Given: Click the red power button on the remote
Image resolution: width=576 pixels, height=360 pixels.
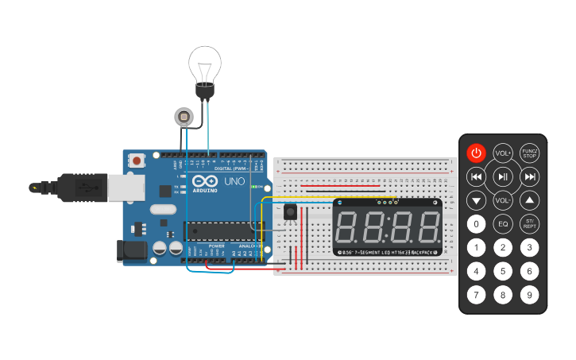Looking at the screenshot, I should point(476,153).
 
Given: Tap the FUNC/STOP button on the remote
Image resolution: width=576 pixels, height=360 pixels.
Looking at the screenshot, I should point(530,153).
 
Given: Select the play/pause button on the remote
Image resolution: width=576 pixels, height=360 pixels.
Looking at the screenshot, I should point(503,176).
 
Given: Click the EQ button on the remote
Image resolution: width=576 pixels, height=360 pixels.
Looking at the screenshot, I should point(503,224).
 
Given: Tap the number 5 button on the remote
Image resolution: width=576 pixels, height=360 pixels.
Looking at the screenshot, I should point(503,272).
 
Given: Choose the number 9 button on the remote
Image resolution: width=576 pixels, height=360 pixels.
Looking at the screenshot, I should point(530,296).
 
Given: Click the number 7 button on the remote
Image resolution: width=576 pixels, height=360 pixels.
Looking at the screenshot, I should point(476,296).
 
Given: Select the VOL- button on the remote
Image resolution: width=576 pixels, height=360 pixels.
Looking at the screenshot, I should point(503,200).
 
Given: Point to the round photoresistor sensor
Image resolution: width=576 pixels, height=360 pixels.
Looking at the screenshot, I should point(184,118).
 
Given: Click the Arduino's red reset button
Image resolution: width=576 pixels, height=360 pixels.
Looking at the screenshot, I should point(137,161).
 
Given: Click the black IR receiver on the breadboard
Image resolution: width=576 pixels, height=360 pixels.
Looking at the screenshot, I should point(291,212).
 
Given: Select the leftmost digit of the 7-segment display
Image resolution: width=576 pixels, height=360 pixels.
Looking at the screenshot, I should point(350,227).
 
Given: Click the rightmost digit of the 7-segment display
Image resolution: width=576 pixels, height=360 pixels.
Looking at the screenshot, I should point(426,227).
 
